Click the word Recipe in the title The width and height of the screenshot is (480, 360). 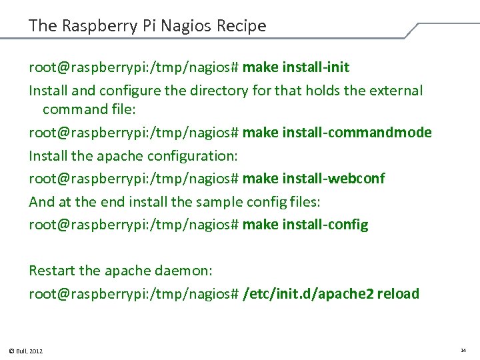coord(242,26)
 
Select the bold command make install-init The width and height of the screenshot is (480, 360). coord(296,67)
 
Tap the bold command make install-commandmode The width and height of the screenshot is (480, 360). coord(337,133)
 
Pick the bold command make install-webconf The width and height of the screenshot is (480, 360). coord(314,179)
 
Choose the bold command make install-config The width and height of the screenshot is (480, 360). coord(305,225)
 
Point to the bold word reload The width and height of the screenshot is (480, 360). coord(398,293)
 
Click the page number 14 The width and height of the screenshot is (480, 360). coord(463,350)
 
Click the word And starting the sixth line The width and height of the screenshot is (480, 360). coord(40,201)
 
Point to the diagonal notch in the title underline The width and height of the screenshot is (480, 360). coord(411,31)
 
